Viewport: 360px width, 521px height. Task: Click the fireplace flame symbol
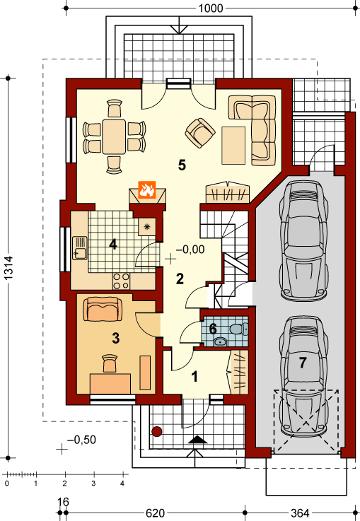pos(146,190)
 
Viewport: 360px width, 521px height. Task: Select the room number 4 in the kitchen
pos(112,245)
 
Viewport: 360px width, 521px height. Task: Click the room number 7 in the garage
pos(303,363)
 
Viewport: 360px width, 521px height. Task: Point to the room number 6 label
pos(212,329)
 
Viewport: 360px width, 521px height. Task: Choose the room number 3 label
pos(116,338)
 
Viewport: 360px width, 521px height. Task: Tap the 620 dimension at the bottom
pos(155,513)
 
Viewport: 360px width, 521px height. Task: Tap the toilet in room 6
pos(239,329)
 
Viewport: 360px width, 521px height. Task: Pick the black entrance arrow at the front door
pos(198,439)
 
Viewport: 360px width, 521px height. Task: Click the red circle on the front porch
pos(158,431)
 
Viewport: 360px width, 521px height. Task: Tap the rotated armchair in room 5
pos(201,131)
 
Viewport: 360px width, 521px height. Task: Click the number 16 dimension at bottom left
pos(64,502)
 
